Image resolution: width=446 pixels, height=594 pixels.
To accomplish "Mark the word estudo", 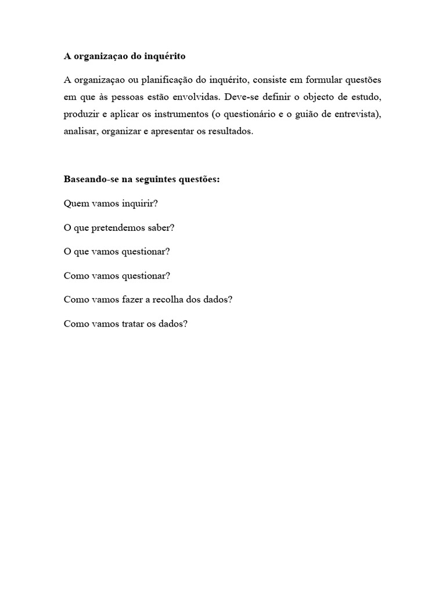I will [367, 97].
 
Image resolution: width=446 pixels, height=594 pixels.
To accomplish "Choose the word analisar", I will [80, 132].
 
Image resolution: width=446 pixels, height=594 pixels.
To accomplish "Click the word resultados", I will [229, 132].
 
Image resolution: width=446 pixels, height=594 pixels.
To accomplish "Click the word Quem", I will [74, 204].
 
